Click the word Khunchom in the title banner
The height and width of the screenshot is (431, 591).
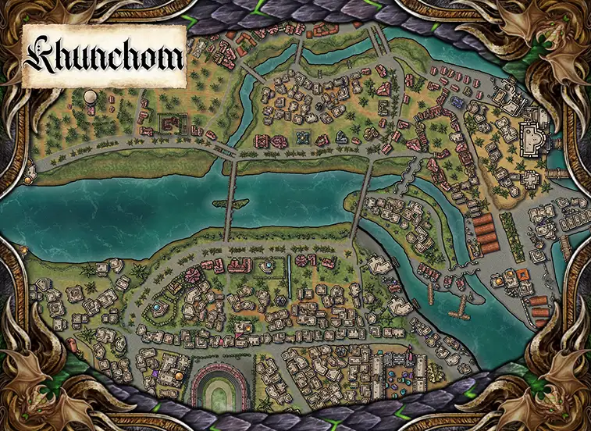103,56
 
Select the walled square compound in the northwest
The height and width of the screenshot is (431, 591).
171,123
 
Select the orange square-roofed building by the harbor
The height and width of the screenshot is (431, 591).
522,275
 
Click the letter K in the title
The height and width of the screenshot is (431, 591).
41,56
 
